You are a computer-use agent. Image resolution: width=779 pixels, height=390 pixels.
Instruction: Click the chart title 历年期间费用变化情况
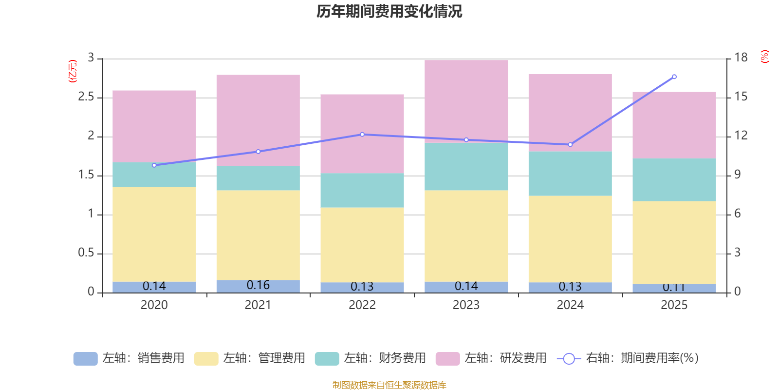pyautogui.click(x=389, y=11)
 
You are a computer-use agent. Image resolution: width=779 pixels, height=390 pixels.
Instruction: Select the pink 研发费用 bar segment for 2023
pyautogui.click(x=466, y=101)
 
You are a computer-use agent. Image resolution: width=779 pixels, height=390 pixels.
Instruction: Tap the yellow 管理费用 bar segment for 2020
pyautogui.click(x=154, y=234)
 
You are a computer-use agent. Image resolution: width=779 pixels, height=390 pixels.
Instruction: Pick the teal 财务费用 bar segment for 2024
pyautogui.click(x=570, y=174)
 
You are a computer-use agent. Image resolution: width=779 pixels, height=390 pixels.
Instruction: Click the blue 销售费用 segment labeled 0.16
pyautogui.click(x=258, y=286)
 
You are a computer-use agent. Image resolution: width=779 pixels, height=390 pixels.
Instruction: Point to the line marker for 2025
pyautogui.click(x=674, y=77)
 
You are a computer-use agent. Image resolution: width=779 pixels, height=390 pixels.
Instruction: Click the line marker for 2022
pyautogui.click(x=362, y=135)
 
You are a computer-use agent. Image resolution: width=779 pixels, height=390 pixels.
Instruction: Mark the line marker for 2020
pyautogui.click(x=154, y=165)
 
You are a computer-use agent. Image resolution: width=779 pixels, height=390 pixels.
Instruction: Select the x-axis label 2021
pyautogui.click(x=258, y=305)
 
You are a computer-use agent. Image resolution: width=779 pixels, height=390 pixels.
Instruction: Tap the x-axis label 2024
pyautogui.click(x=570, y=305)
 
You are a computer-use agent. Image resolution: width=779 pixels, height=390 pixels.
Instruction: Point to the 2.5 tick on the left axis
pyautogui.click(x=86, y=97)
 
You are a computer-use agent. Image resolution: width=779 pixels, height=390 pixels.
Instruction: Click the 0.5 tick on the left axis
pyautogui.click(x=86, y=253)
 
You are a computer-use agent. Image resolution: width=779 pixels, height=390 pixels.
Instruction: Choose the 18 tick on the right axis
pyautogui.click(x=741, y=58)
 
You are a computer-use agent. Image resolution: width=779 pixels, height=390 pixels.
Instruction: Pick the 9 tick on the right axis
pyautogui.click(x=737, y=175)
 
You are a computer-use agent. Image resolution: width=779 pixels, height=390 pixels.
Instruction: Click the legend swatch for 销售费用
pyautogui.click(x=85, y=358)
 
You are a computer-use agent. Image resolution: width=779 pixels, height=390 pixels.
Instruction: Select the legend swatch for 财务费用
pyautogui.click(x=327, y=358)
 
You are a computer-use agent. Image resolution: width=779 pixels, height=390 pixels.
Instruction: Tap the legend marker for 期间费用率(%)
pyautogui.click(x=569, y=359)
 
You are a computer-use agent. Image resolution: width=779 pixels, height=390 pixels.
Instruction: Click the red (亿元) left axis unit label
pyautogui.click(x=73, y=71)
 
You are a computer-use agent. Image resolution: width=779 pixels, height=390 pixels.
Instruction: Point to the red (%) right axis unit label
pyautogui.click(x=764, y=57)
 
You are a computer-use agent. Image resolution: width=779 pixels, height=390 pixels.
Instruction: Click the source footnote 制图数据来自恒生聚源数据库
pyautogui.click(x=389, y=385)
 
